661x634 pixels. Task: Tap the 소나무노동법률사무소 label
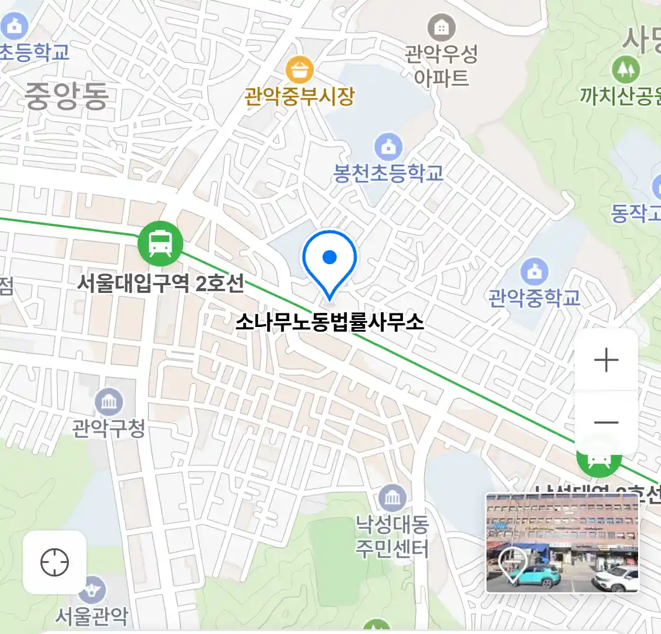(x=329, y=322)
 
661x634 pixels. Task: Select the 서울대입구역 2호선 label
(x=161, y=284)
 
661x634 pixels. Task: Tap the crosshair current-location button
(x=55, y=562)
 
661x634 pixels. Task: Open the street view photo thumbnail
(x=562, y=542)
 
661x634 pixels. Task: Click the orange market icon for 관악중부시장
(x=300, y=70)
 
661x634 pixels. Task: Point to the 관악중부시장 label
(x=300, y=96)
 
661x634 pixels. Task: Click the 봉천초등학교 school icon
(x=388, y=147)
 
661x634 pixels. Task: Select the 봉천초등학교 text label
(x=388, y=173)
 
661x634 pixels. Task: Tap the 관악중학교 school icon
(x=534, y=272)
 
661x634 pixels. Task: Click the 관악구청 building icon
(x=109, y=402)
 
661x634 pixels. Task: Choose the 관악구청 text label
(x=109, y=429)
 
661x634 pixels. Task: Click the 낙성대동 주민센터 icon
(x=392, y=499)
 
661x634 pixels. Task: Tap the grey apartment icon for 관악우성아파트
(x=441, y=27)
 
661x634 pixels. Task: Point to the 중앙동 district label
(x=66, y=96)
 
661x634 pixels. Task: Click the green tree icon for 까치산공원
(x=625, y=70)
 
